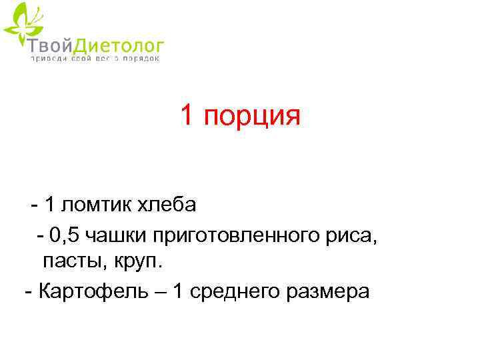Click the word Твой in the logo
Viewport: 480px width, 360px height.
click(49, 45)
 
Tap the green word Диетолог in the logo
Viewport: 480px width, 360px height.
click(116, 45)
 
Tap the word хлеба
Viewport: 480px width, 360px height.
click(167, 205)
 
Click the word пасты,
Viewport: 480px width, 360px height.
click(73, 262)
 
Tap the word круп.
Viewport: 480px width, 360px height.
click(137, 263)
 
